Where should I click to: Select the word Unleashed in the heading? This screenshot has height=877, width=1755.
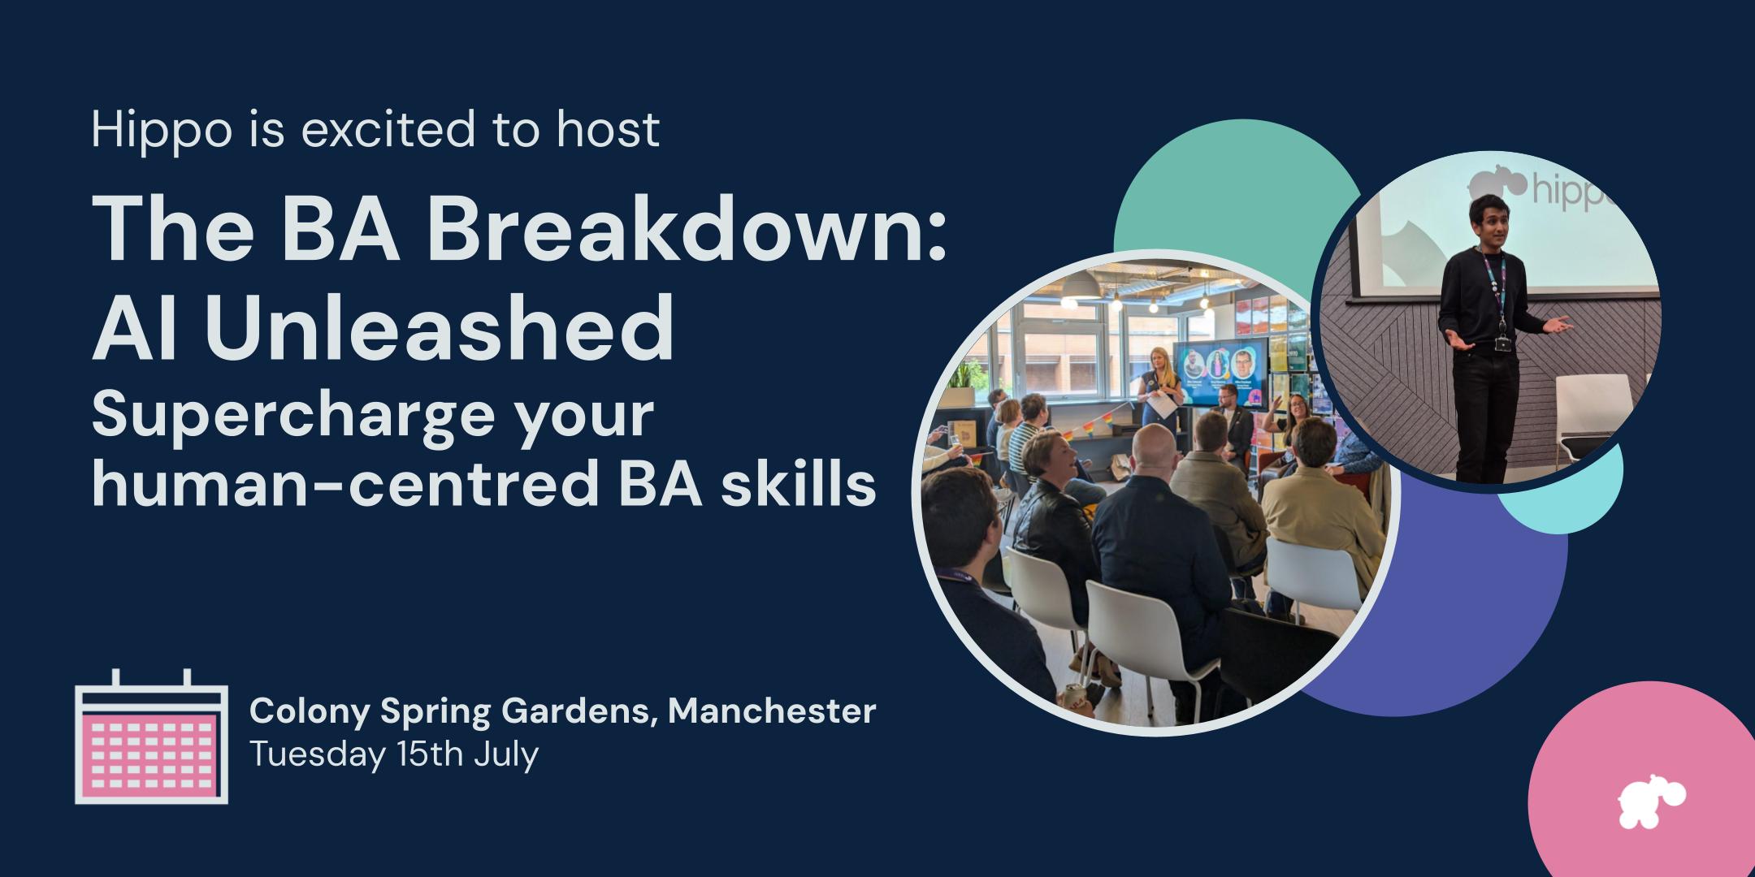[440, 328]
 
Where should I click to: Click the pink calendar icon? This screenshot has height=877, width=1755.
[151, 737]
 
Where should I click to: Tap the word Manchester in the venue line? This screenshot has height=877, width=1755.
[772, 711]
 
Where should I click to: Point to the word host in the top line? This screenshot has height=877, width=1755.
[608, 130]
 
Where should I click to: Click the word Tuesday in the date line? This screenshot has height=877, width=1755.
[317, 755]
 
